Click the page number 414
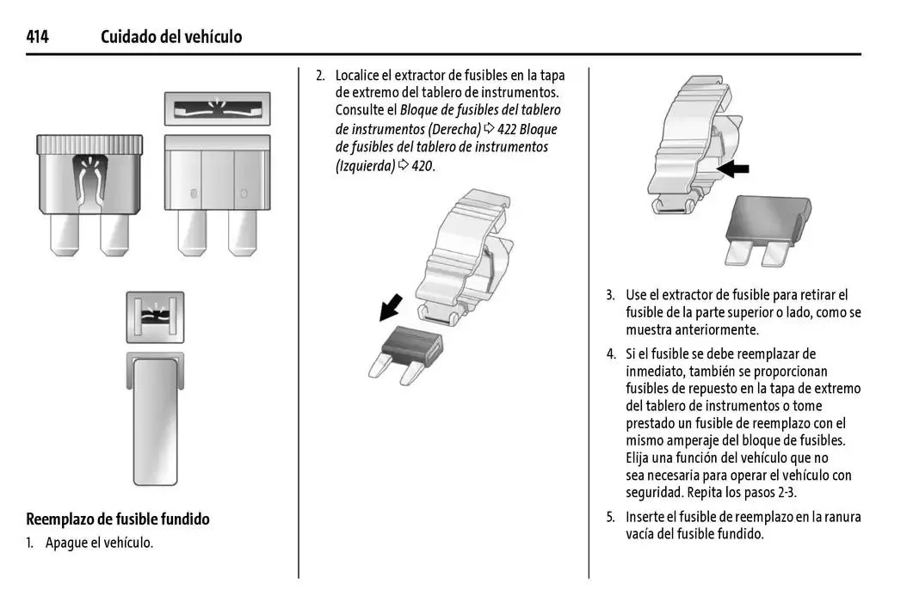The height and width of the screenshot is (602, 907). point(37,37)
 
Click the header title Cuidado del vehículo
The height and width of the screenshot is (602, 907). point(171,37)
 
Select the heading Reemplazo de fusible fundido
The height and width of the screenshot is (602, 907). point(118,519)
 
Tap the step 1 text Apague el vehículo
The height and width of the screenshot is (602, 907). point(99,543)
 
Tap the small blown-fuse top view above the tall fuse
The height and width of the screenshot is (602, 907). point(156,317)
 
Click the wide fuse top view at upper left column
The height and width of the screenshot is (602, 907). point(217,109)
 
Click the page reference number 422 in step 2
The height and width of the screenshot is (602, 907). point(508,129)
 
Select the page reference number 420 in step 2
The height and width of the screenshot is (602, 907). point(422,166)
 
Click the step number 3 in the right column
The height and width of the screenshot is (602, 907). point(609,295)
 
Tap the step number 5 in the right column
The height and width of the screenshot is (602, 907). point(609,517)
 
